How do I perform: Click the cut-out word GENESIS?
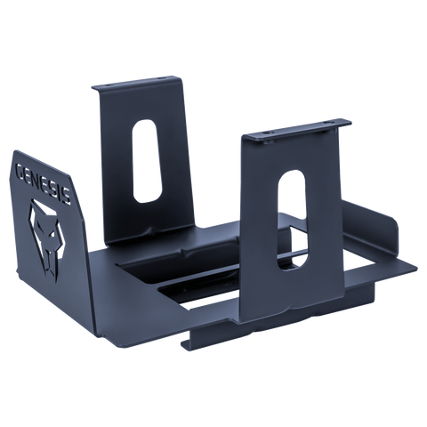[x=43, y=182]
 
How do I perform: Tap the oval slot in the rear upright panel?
[x=148, y=161]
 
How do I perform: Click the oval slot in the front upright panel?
[x=292, y=222]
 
